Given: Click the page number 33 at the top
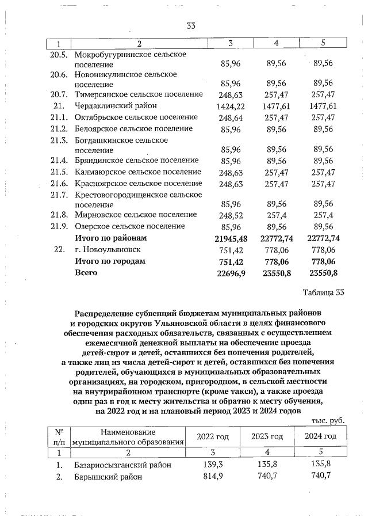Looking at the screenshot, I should coord(191,25).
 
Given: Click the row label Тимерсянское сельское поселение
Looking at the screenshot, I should coord(139,94).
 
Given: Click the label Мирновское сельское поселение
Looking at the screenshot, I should coord(136,215).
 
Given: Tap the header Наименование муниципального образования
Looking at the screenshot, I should coord(128,437).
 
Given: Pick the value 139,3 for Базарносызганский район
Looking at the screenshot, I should coord(213,465).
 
